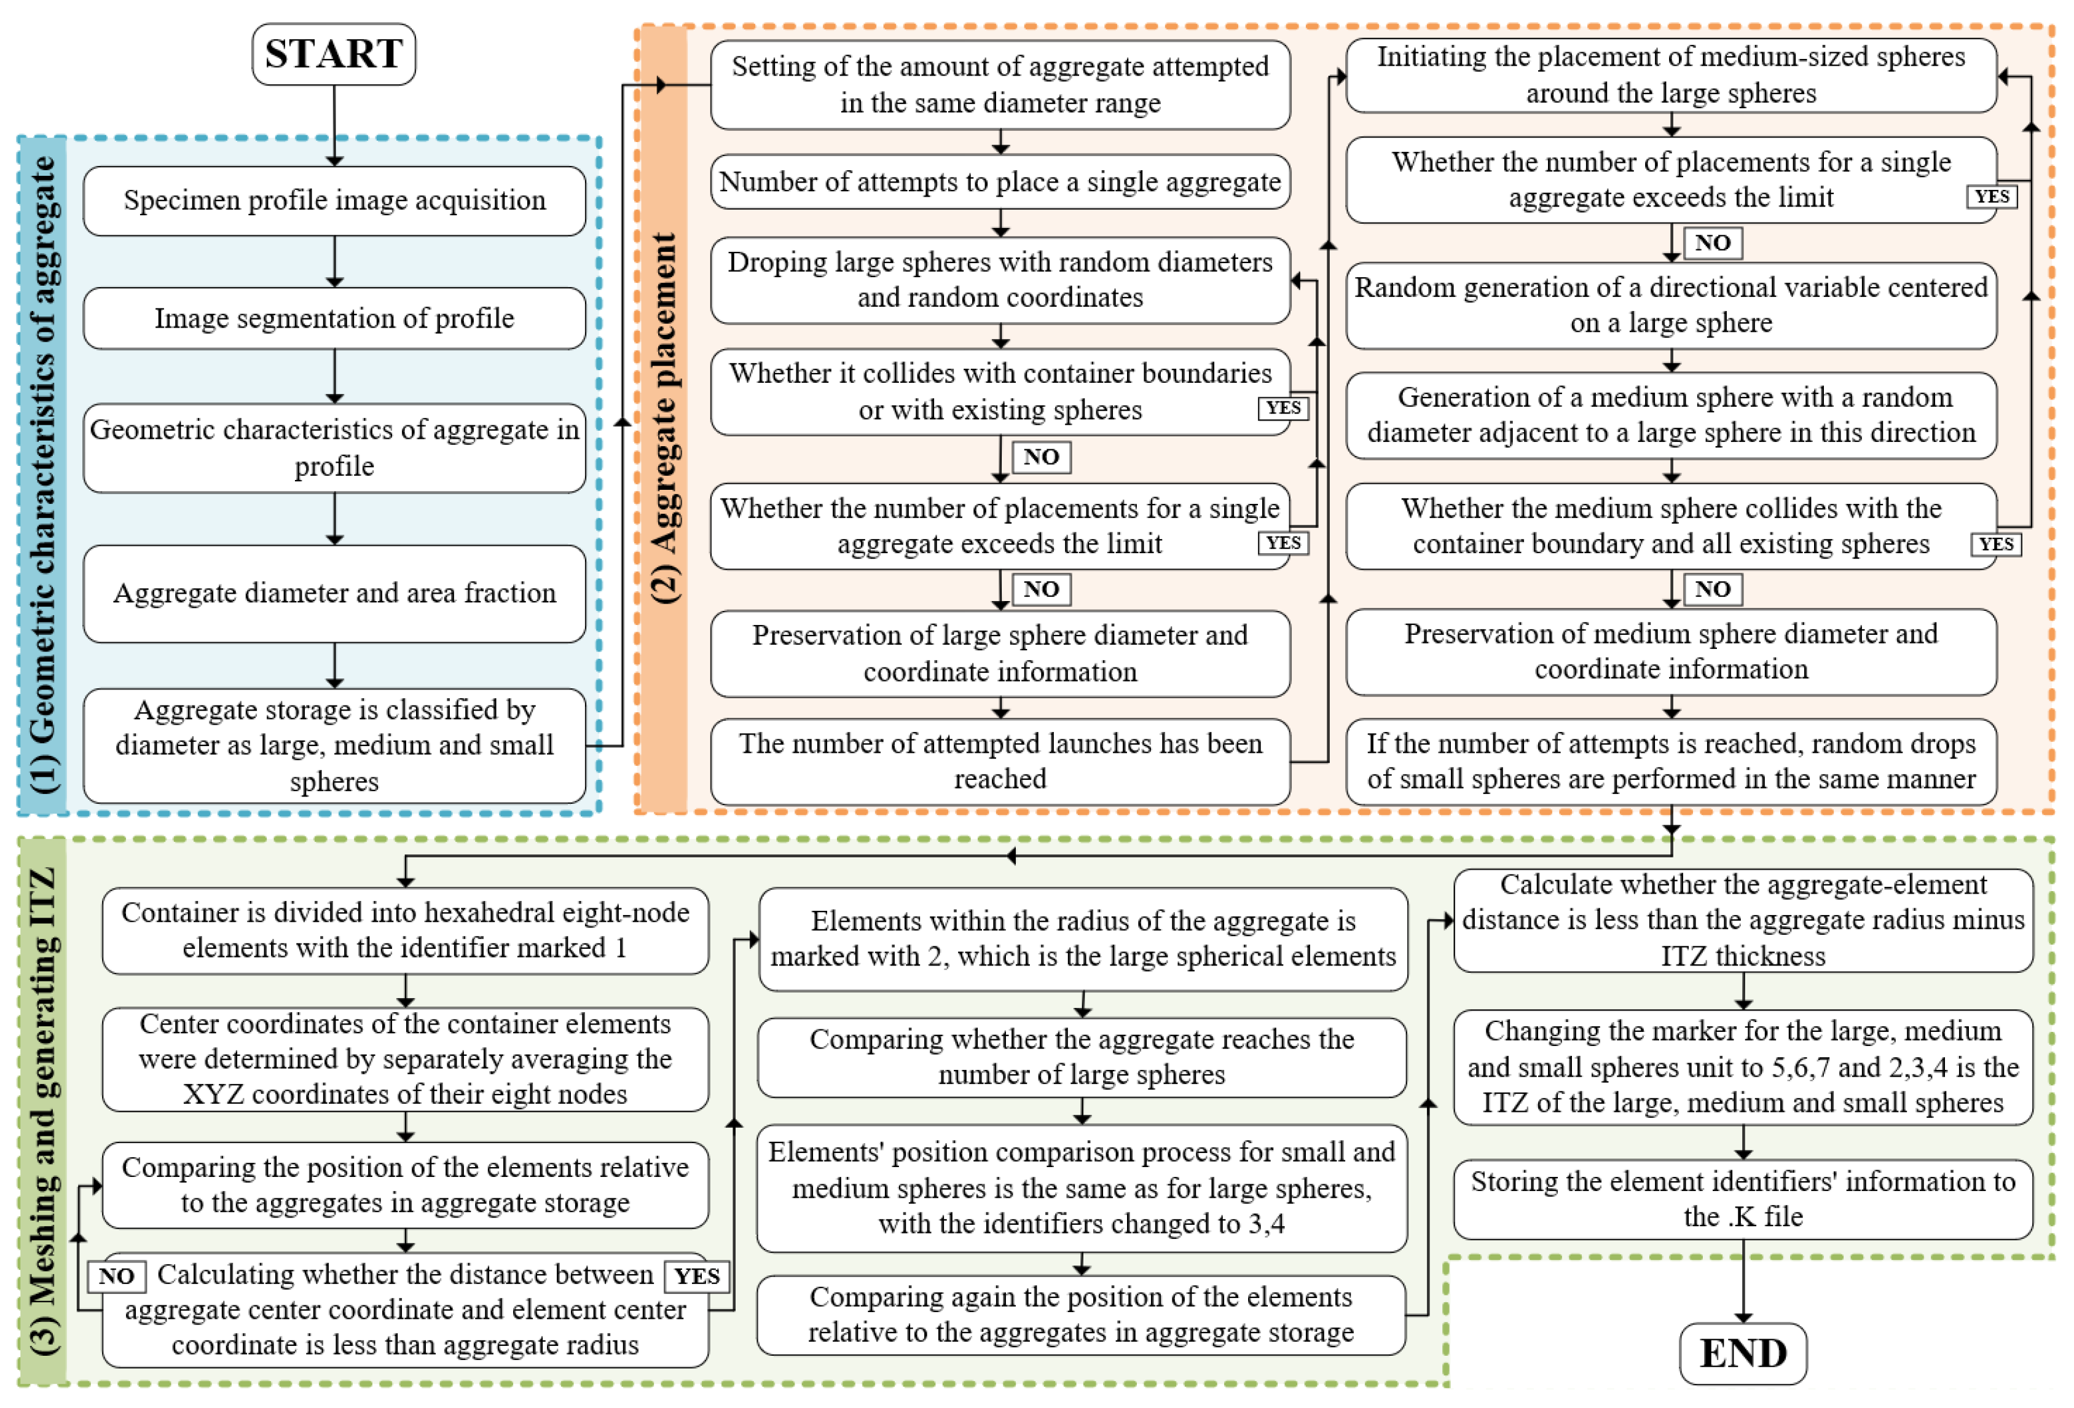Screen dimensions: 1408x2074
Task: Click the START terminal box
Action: click(334, 55)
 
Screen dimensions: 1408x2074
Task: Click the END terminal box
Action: click(1742, 1353)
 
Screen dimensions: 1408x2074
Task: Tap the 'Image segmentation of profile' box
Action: click(334, 318)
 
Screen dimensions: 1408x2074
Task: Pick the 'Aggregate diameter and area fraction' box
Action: click(334, 592)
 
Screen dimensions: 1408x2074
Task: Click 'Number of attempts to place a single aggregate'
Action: click(1000, 182)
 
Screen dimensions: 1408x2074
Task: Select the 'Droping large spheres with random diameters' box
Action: click(1000, 279)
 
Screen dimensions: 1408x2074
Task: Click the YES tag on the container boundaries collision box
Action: click(1283, 407)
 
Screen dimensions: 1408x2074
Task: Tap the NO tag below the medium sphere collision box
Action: click(1711, 589)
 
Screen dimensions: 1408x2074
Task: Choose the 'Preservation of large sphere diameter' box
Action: click(1000, 653)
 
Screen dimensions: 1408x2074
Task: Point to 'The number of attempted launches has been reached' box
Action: click(1000, 761)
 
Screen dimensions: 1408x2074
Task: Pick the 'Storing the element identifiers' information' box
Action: click(1742, 1198)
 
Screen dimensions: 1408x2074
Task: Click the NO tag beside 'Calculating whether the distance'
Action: click(116, 1276)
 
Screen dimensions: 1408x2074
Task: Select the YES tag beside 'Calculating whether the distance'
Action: click(697, 1276)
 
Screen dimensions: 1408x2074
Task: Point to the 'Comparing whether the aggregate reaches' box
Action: click(1082, 1057)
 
